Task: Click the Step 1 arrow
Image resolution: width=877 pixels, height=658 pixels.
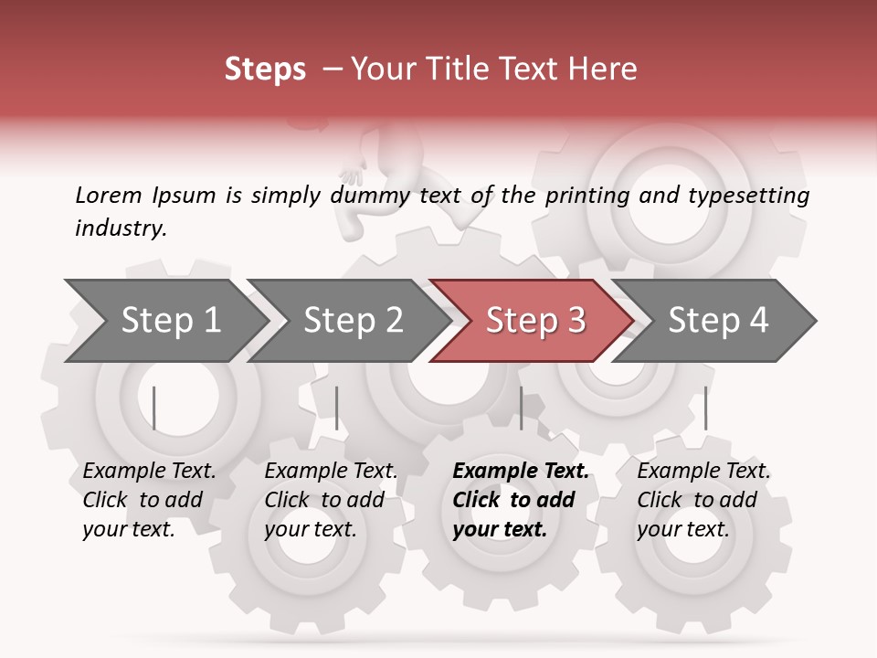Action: pyautogui.click(x=170, y=321)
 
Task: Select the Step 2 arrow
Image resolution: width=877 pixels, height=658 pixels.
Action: pyautogui.click(x=353, y=321)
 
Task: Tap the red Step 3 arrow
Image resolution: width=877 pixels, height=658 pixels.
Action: pyautogui.click(x=534, y=321)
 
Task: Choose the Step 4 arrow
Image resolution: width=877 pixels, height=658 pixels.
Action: pyautogui.click(x=718, y=321)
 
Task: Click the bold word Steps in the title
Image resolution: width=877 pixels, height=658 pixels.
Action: pyautogui.click(x=265, y=69)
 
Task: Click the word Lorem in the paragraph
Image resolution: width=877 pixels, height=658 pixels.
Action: pyautogui.click(x=108, y=196)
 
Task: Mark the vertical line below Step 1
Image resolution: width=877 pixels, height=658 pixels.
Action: pyautogui.click(x=154, y=408)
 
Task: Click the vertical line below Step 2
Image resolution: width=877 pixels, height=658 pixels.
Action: pyautogui.click(x=337, y=408)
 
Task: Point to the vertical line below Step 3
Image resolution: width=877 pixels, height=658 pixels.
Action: pyautogui.click(x=521, y=408)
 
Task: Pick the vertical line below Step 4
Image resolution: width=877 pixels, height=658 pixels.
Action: pyautogui.click(x=705, y=408)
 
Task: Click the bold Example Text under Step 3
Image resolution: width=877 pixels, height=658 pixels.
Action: pyautogui.click(x=521, y=472)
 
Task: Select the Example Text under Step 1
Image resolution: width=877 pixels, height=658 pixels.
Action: pyautogui.click(x=149, y=472)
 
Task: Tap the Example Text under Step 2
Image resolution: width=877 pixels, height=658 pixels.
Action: pyautogui.click(x=331, y=472)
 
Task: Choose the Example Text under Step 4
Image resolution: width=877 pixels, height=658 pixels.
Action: pyautogui.click(x=703, y=472)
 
